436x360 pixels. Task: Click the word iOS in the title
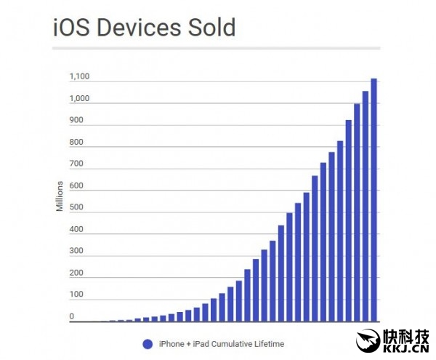[71, 28]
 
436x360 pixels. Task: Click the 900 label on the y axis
[76, 121]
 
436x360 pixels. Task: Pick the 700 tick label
[76, 164]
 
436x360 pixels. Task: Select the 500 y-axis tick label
[76, 208]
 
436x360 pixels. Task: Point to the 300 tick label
[76, 252]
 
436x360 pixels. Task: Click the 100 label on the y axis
[76, 295]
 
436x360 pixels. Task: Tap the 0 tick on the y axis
[71, 317]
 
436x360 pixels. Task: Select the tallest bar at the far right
[374, 200]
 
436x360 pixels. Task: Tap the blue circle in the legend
[148, 343]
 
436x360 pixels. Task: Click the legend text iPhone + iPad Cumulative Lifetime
[221, 343]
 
